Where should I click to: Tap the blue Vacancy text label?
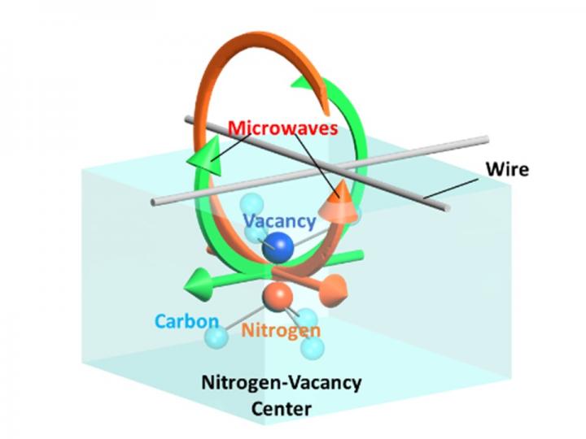(279, 221)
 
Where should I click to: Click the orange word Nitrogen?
(281, 331)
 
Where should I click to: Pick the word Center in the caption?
(282, 408)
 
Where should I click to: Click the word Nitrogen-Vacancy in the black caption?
(282, 383)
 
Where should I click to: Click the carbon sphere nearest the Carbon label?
(216, 335)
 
